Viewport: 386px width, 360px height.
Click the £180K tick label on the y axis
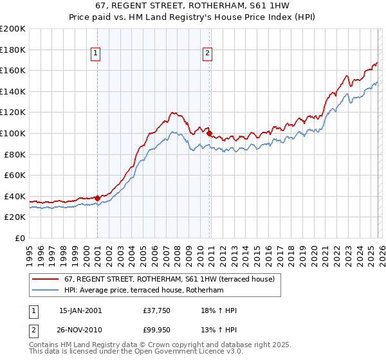(x=13, y=50)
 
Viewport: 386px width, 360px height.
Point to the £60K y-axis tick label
(x=15, y=175)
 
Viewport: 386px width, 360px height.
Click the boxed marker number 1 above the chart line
(x=95, y=54)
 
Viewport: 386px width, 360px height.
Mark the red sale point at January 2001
(x=97, y=198)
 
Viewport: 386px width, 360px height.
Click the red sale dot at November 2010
(x=209, y=133)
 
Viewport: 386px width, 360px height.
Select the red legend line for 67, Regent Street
(x=46, y=279)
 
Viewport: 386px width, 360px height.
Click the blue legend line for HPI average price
(x=46, y=291)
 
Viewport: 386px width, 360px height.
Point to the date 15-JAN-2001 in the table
(x=80, y=310)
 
